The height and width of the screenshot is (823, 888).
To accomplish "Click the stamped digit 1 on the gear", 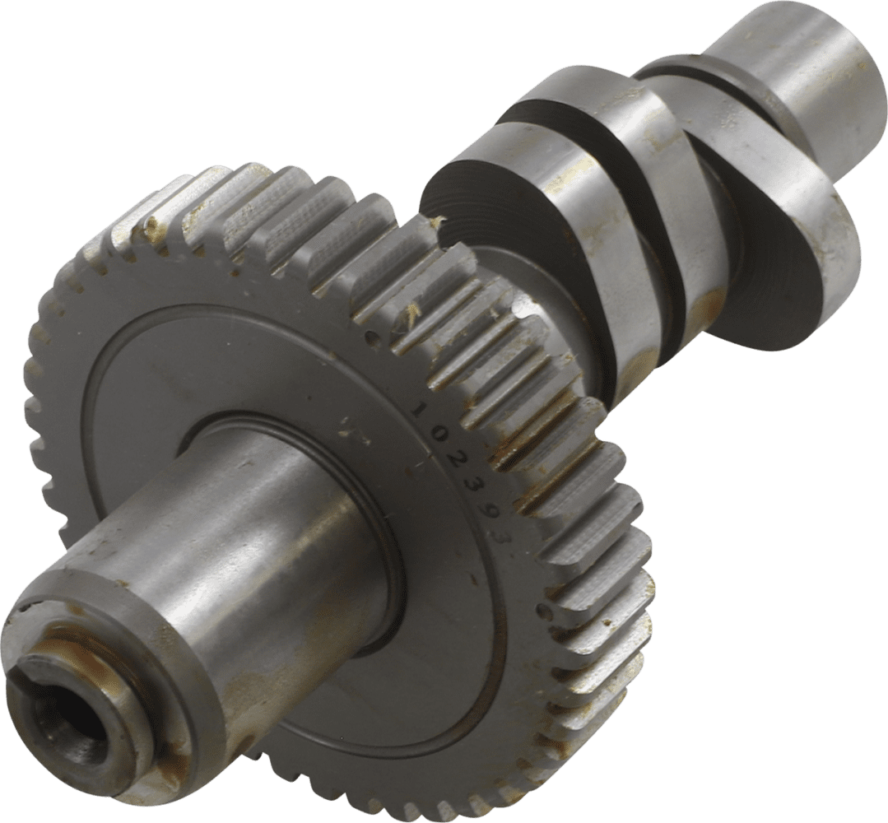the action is [422, 409].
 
